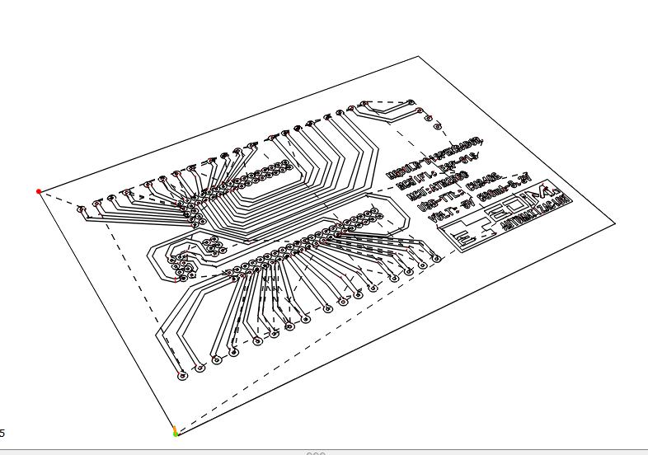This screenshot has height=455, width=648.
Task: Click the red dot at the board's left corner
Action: [39, 191]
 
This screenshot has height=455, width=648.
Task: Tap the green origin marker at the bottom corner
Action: [176, 432]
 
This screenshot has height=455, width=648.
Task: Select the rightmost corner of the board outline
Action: [615, 223]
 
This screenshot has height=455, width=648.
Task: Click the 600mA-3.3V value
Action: [505, 192]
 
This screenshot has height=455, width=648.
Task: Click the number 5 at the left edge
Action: [2, 433]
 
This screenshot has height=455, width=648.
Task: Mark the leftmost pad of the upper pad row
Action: [81, 209]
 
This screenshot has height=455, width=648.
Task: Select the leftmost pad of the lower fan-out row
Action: [182, 376]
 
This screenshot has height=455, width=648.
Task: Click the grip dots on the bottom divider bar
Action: [316, 453]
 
